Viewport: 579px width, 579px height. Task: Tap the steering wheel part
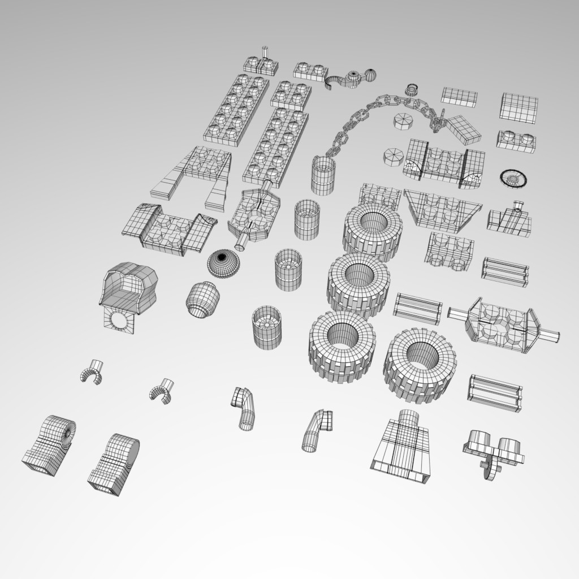[x=513, y=178]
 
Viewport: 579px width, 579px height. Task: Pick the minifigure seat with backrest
[x=128, y=288]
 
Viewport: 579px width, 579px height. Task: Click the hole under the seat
[x=119, y=322]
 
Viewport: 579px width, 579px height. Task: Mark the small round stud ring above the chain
[x=412, y=89]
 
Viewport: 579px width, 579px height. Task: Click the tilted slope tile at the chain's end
[x=464, y=129]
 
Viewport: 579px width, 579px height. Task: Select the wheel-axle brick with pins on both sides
[x=503, y=324]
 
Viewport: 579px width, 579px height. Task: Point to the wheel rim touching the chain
[x=323, y=176]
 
